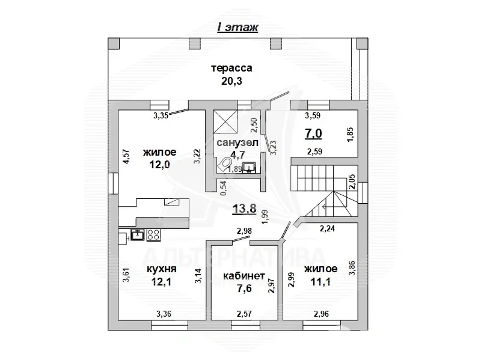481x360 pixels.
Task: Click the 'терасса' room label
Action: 230,68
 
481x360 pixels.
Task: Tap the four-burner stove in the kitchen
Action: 153,234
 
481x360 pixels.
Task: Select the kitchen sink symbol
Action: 137,234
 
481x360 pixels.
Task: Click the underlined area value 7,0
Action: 314,133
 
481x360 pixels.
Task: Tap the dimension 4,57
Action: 126,157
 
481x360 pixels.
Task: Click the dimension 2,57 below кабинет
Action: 244,313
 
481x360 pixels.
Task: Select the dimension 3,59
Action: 313,115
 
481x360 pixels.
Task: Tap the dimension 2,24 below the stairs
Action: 328,228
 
